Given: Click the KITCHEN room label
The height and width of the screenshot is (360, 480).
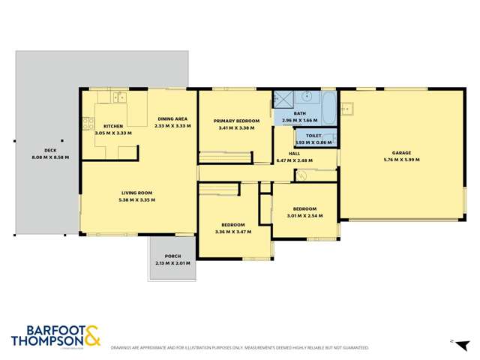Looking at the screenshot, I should click(113, 126).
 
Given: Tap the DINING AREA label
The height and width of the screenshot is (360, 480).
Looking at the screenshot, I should click(172, 119).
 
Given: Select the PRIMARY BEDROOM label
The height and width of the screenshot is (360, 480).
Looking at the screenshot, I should click(236, 121).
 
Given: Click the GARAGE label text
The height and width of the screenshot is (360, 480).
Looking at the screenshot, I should click(397, 152).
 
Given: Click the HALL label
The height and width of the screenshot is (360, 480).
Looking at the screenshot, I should click(294, 153).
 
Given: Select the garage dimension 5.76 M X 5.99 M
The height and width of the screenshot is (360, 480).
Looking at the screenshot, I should click(397, 159).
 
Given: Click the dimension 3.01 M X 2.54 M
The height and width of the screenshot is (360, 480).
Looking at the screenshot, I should click(304, 215).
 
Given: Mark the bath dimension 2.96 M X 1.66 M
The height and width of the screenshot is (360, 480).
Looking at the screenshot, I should click(299, 121).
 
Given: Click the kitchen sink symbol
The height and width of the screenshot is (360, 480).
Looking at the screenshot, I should click(120, 97).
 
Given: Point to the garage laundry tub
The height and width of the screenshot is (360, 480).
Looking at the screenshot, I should click(346, 109).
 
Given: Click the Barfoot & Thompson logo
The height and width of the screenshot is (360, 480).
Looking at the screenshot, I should click(56, 335).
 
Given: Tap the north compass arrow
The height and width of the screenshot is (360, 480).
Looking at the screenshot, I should click(453, 341).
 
